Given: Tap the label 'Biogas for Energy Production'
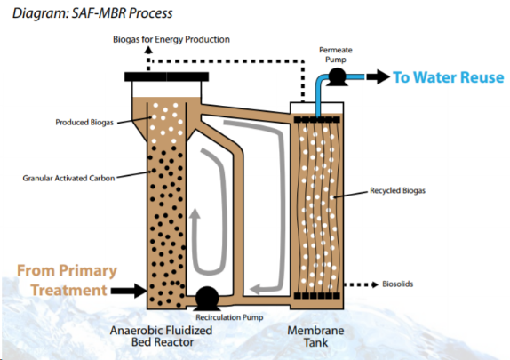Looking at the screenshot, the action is pyautogui.click(x=171, y=39).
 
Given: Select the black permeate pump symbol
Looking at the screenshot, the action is pyautogui.click(x=337, y=77).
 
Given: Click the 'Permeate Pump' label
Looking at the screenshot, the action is pyautogui.click(x=336, y=55).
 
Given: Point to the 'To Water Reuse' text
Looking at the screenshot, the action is pyautogui.click(x=449, y=77).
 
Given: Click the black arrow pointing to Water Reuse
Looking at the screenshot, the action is pyautogui.click(x=379, y=76).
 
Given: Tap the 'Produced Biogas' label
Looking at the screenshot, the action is pyautogui.click(x=84, y=123).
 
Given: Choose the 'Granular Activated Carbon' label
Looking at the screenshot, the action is pyautogui.click(x=68, y=178).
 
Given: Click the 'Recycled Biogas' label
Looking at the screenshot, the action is pyautogui.click(x=397, y=190).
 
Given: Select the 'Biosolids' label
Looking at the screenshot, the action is pyautogui.click(x=397, y=284).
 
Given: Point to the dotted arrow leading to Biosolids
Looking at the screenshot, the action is pyautogui.click(x=361, y=284).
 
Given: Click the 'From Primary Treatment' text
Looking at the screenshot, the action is pyautogui.click(x=67, y=280).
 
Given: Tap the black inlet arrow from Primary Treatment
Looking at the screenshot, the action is pyautogui.click(x=129, y=291).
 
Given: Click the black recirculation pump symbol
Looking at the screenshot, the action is pyautogui.click(x=207, y=298).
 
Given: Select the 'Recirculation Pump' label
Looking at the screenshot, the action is pyautogui.click(x=229, y=317).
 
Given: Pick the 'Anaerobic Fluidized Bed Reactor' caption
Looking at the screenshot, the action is pyautogui.click(x=162, y=336).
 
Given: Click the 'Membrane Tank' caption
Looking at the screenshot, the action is pyautogui.click(x=315, y=336).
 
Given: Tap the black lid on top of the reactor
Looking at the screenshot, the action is pyautogui.click(x=166, y=76).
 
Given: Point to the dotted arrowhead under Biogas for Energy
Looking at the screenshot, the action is pyautogui.click(x=148, y=50).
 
